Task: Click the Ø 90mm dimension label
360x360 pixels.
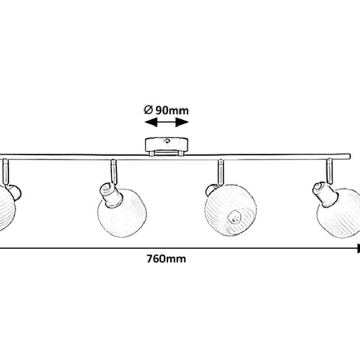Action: point(166,111)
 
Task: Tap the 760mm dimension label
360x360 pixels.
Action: point(166,259)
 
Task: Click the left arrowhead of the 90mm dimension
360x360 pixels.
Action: point(151,122)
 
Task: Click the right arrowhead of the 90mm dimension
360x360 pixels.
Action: point(182,122)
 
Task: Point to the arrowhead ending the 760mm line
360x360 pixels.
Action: point(358,248)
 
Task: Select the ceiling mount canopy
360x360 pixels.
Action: point(167,147)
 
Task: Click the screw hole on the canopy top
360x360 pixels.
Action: point(167,141)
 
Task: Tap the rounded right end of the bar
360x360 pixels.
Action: point(349,157)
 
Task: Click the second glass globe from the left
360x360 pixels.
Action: point(122,213)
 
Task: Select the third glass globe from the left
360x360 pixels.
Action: point(230,210)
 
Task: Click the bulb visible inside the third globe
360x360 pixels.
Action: point(235,217)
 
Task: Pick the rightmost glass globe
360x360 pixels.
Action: point(338,212)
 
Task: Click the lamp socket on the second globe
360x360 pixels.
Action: point(111,195)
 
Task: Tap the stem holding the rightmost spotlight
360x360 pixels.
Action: point(330,171)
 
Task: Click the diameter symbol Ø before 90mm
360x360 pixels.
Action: point(148,110)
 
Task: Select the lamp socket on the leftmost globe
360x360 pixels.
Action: point(13,192)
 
